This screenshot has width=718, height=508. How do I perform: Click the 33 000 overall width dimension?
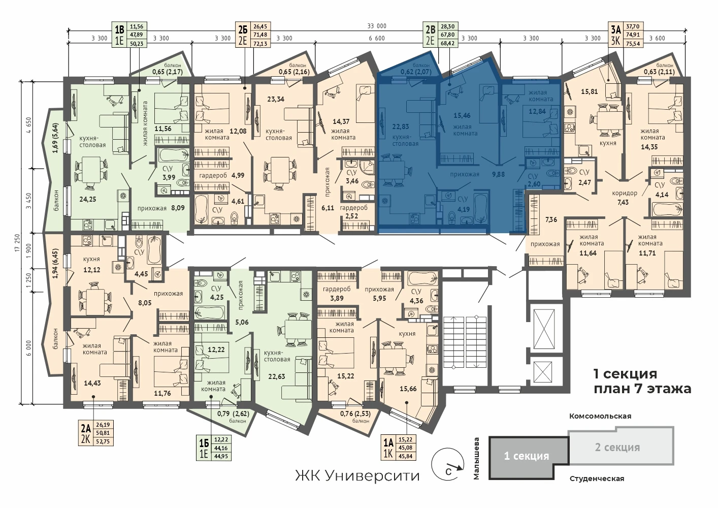(x=377, y=26)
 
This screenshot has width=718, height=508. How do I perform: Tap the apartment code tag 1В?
(x=119, y=30)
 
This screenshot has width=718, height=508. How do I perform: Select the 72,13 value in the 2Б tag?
(x=260, y=44)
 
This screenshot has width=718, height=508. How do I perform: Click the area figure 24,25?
(x=87, y=199)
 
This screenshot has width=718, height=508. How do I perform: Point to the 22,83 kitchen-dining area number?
(x=400, y=126)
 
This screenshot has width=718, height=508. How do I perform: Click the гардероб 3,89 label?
(x=337, y=294)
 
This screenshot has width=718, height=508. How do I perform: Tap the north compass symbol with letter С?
(x=447, y=464)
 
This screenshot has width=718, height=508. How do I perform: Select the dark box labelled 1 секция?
(x=528, y=457)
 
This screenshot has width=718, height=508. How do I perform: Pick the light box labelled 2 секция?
(x=621, y=446)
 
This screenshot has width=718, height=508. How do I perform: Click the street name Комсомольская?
(x=600, y=416)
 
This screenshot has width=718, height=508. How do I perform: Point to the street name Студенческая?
(x=597, y=479)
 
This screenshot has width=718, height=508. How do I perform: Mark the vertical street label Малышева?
(x=476, y=458)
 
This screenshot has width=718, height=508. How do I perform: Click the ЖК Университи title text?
(x=357, y=476)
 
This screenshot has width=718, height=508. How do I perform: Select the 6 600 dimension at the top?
(x=377, y=39)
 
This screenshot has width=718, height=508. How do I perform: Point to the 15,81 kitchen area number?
(x=589, y=91)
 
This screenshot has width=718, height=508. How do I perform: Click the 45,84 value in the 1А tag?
(x=406, y=456)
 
